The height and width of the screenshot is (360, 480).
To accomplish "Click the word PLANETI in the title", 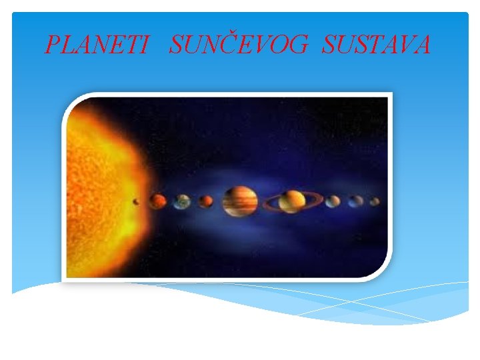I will tap(96, 45).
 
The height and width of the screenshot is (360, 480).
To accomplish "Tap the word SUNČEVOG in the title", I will tap(239, 45).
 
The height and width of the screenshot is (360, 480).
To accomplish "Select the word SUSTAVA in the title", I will tap(376, 45).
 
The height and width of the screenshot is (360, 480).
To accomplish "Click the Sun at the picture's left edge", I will tap(100, 187).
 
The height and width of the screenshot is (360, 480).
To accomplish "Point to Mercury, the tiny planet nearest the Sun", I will tap(137, 200).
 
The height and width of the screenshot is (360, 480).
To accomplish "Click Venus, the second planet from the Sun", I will tap(157, 200).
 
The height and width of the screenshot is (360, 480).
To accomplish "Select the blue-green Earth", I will tap(183, 201).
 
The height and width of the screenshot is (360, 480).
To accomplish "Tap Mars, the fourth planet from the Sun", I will tap(206, 200).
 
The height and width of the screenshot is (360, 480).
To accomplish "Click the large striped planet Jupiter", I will tap(240, 201).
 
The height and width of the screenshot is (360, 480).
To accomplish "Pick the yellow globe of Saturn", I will tap(292, 201).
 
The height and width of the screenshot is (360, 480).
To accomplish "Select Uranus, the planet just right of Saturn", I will tap(333, 201).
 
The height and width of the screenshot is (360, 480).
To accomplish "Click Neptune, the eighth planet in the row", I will tap(357, 200).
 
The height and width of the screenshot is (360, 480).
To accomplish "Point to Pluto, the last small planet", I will tap(375, 201).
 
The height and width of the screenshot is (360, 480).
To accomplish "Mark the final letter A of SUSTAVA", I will tap(421, 45).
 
